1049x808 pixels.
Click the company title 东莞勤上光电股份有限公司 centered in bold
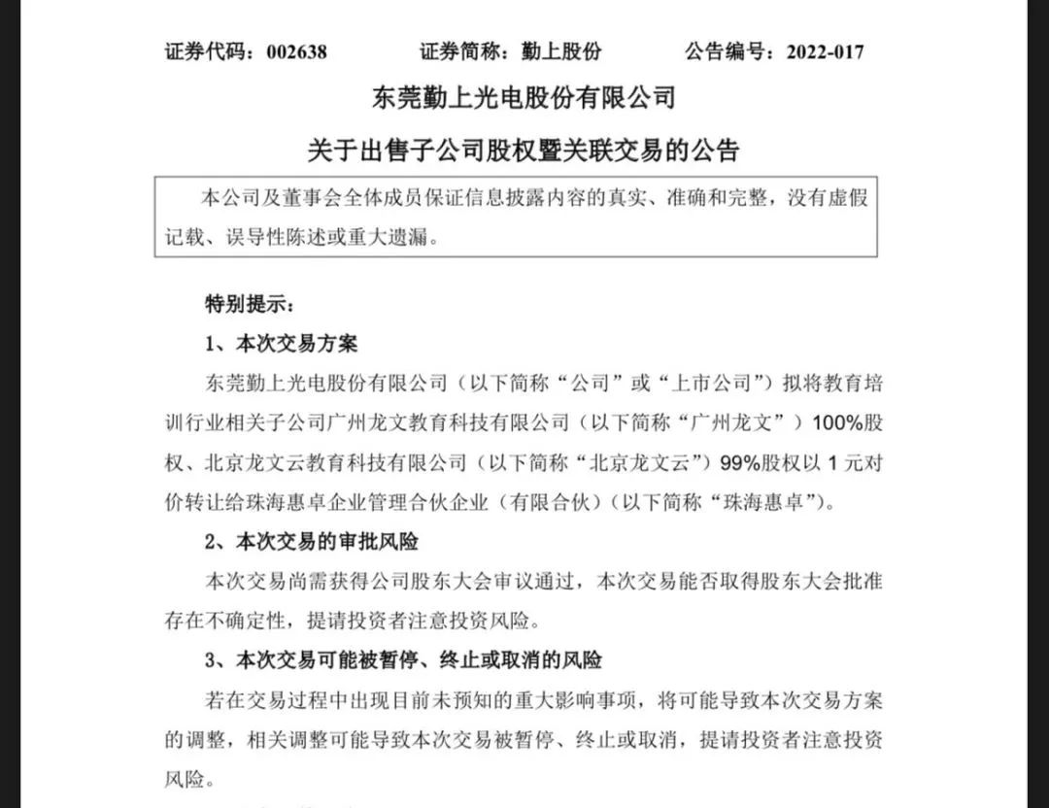tap(524, 99)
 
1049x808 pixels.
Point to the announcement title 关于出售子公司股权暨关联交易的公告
tap(524, 151)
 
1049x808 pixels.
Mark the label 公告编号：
tap(728, 51)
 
